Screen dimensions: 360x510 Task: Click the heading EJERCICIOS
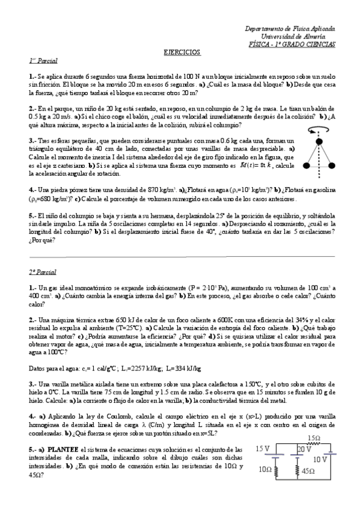click(182, 52)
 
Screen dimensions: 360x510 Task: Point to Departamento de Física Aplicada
click(291, 29)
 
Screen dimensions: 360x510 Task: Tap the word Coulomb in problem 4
click(112, 416)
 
